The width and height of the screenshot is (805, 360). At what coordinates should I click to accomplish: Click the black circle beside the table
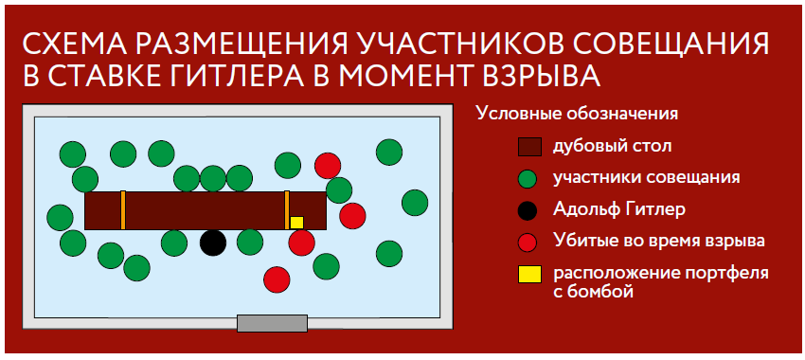213,243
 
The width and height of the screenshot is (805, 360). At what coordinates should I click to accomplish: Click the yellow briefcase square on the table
296,223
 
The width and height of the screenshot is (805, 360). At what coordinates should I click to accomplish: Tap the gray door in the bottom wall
272,324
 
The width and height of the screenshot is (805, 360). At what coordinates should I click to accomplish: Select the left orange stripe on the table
123,210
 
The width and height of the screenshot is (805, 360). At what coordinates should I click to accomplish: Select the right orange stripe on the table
287,210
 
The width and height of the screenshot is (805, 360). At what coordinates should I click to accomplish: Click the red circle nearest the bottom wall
277,279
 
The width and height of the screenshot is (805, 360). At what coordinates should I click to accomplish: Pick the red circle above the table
328,166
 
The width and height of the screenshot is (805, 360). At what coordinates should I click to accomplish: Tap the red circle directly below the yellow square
301,243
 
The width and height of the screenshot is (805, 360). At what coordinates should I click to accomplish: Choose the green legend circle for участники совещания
528,179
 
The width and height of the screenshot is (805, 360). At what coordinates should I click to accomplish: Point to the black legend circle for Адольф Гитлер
528,210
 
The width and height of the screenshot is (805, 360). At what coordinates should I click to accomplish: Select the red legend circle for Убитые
528,242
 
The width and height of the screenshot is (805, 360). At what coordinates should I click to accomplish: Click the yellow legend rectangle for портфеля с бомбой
529,275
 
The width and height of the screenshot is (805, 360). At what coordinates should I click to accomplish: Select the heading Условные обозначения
577,114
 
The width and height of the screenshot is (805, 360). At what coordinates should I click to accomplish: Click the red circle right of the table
352,216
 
